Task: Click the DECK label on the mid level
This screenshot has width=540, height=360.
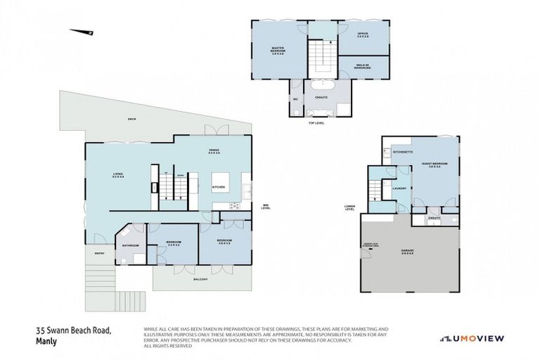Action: tap(131, 119)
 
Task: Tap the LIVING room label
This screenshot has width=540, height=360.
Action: tap(117, 175)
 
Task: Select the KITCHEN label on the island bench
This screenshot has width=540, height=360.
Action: tap(219, 187)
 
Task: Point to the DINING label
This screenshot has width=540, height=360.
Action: tap(214, 151)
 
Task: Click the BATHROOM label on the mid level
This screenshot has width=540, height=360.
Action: tap(131, 245)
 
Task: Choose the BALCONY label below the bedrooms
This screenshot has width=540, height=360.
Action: tap(202, 279)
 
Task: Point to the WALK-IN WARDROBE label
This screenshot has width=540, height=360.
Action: tap(364, 66)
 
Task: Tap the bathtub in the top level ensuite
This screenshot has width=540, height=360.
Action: tap(321, 112)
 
